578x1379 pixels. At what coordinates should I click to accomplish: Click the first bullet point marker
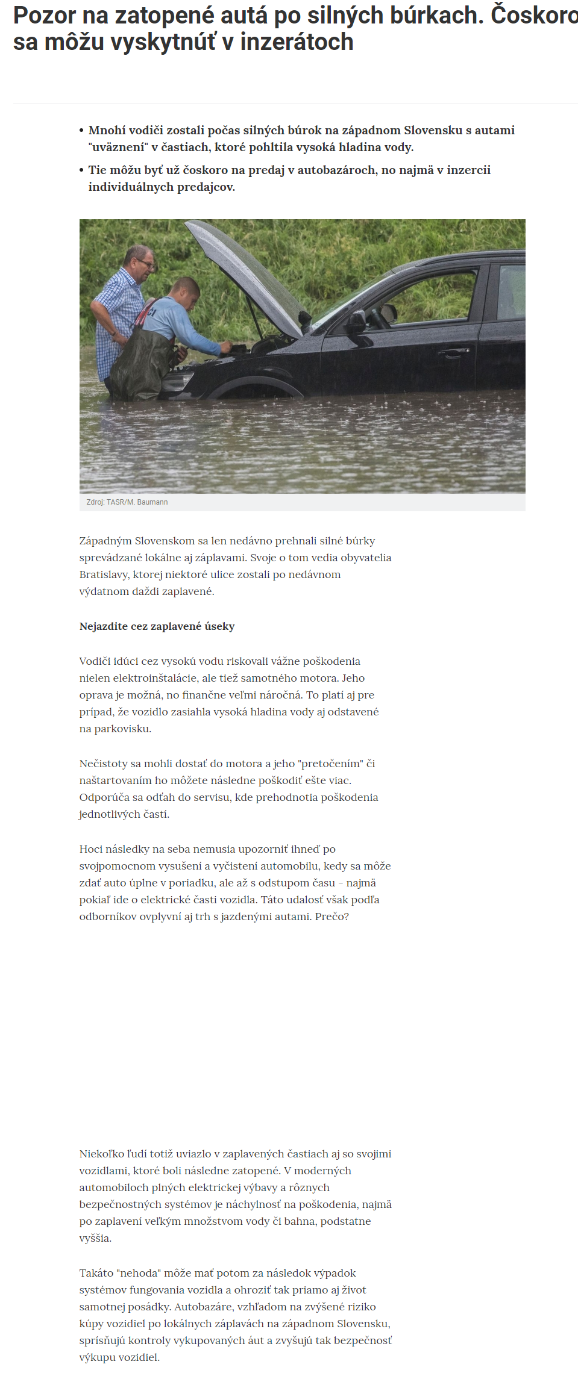point(81,131)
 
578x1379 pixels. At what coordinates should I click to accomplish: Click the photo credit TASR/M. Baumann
point(137,502)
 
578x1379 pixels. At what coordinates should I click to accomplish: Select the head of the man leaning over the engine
point(184,292)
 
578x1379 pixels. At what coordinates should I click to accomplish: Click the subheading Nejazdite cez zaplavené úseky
point(157,626)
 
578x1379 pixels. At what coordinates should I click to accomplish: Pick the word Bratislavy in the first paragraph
point(104,574)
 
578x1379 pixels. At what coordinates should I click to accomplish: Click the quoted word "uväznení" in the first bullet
point(118,148)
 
